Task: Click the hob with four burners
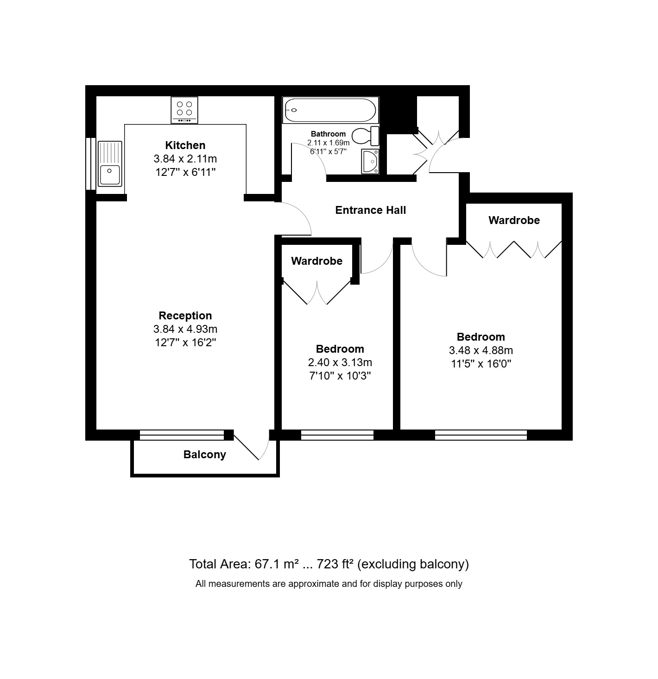(x=184, y=110)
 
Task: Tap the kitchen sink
(x=110, y=163)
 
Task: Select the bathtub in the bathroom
(x=330, y=110)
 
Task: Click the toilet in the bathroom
(x=366, y=136)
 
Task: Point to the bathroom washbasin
(x=370, y=162)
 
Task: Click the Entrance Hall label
(x=370, y=210)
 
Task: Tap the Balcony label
(x=204, y=455)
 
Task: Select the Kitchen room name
(x=185, y=145)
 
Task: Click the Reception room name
(x=185, y=316)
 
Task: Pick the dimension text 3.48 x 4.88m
(x=481, y=350)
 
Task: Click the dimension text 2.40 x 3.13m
(x=340, y=362)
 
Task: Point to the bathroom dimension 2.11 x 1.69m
(x=328, y=143)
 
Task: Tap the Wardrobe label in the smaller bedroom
(x=316, y=261)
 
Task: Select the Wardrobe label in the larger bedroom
(x=514, y=220)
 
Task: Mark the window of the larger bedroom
(x=481, y=435)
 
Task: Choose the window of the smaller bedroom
(x=337, y=435)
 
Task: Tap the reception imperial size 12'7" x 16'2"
(x=185, y=343)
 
